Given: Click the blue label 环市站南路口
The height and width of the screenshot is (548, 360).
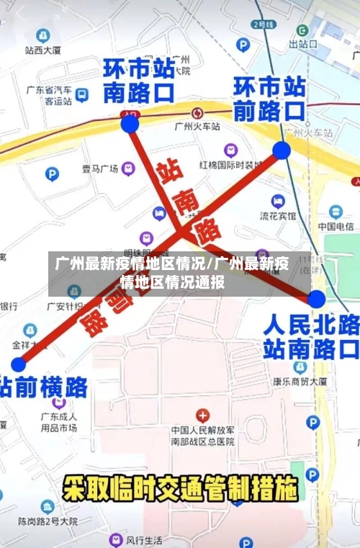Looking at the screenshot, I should click(139, 80).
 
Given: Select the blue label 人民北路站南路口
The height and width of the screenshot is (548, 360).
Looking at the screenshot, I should click(310, 336).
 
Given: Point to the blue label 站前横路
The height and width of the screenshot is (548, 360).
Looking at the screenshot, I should click(43, 387).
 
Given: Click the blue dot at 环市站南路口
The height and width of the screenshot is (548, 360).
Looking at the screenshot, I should click(130, 124).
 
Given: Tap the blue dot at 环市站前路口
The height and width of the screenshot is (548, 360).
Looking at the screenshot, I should click(282, 150).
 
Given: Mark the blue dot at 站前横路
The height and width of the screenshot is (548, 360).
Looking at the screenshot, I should click(18, 364).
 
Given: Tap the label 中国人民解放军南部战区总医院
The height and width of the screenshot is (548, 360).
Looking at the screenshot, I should click(202, 436).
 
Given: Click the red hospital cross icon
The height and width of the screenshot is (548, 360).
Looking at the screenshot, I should click(202, 416).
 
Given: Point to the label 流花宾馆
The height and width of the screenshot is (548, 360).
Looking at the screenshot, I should click(277, 215).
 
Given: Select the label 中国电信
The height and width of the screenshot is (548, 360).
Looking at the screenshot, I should click(335, 227).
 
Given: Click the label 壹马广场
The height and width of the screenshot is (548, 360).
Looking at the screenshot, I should click(99, 169).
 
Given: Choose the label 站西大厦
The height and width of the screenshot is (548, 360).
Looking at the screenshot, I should click(42, 50).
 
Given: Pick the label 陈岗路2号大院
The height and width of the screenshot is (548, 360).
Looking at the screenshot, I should click(48, 521).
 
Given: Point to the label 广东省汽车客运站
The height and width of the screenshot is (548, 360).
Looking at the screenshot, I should click(49, 96).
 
